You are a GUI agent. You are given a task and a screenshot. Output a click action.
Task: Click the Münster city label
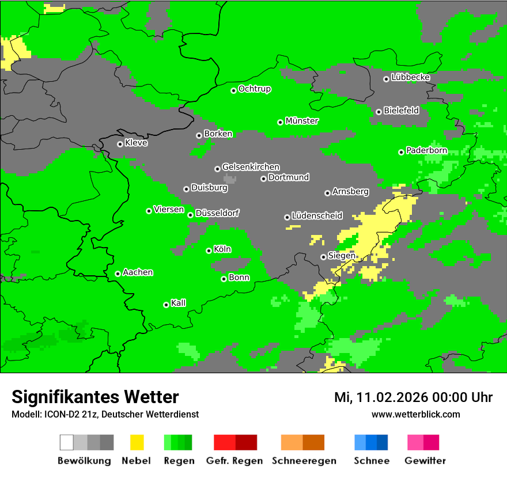point(302,121)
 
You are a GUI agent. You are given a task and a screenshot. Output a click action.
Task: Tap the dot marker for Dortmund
point(263,179)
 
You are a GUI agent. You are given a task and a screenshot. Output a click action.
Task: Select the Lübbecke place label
point(411,77)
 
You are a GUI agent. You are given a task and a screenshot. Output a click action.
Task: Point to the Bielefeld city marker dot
point(379,112)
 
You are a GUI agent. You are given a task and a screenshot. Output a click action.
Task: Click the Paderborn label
point(427,151)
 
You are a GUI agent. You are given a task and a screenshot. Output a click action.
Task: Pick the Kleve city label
point(137,143)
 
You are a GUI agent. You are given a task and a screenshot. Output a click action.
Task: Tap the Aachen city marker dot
point(118,274)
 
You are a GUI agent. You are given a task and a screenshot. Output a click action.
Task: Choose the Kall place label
point(179,303)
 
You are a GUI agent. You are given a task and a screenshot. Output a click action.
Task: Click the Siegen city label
point(342,256)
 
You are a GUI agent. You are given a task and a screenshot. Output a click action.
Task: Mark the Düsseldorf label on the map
point(217,213)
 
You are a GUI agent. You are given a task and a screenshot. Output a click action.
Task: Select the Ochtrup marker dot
point(233,90)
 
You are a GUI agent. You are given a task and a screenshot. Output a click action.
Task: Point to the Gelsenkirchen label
point(251,167)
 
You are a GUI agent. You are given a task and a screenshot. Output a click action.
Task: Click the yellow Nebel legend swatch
point(137,442)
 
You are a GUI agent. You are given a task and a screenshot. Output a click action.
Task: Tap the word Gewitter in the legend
point(425,461)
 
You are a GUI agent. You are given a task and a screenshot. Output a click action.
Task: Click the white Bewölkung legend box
point(67,442)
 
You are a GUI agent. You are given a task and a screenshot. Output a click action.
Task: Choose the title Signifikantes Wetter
point(95,397)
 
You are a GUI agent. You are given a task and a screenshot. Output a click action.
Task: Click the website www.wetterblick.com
point(416,414)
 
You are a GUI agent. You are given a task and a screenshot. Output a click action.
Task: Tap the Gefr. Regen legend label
point(234,461)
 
